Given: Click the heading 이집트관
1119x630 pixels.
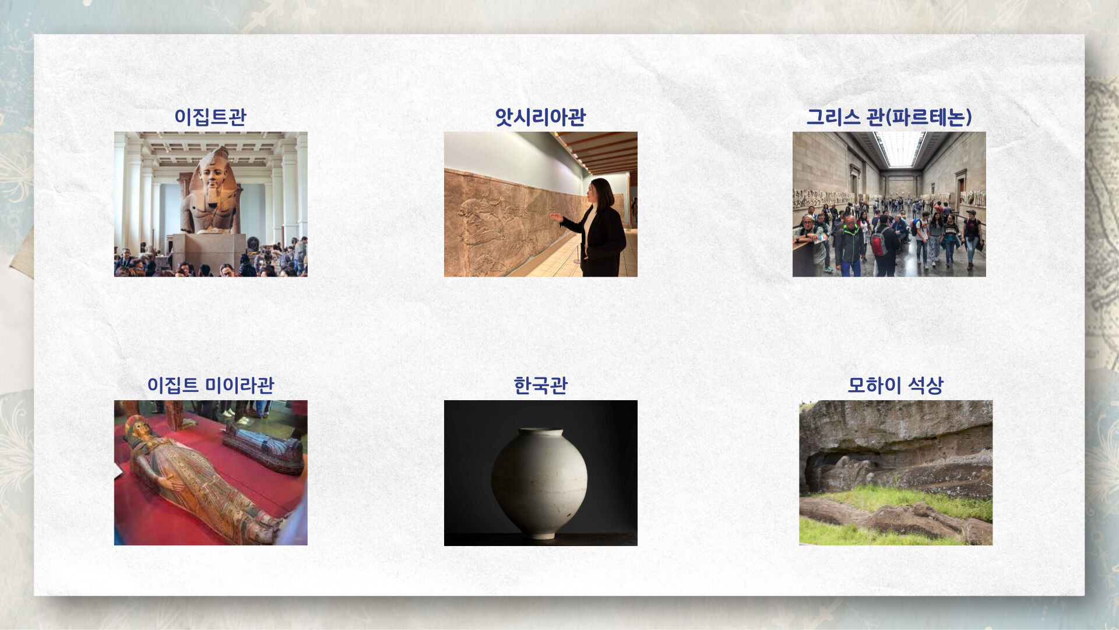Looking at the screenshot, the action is coord(210,117).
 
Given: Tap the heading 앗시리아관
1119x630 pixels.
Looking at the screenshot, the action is coord(540,117).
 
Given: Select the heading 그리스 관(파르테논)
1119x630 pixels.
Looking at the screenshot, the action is coord(889,117).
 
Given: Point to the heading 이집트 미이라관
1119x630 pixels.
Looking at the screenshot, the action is coord(210,385).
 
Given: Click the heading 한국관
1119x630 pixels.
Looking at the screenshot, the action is coord(540,385).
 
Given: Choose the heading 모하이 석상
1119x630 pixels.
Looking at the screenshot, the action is coord(895,385).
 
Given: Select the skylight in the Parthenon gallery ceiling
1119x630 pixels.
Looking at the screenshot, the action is coord(899,147).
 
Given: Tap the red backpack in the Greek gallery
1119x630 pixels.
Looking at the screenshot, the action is coord(878,241).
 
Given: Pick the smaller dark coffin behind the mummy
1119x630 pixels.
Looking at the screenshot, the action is coord(264,446).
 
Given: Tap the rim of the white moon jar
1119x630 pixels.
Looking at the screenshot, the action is coord(540,432).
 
